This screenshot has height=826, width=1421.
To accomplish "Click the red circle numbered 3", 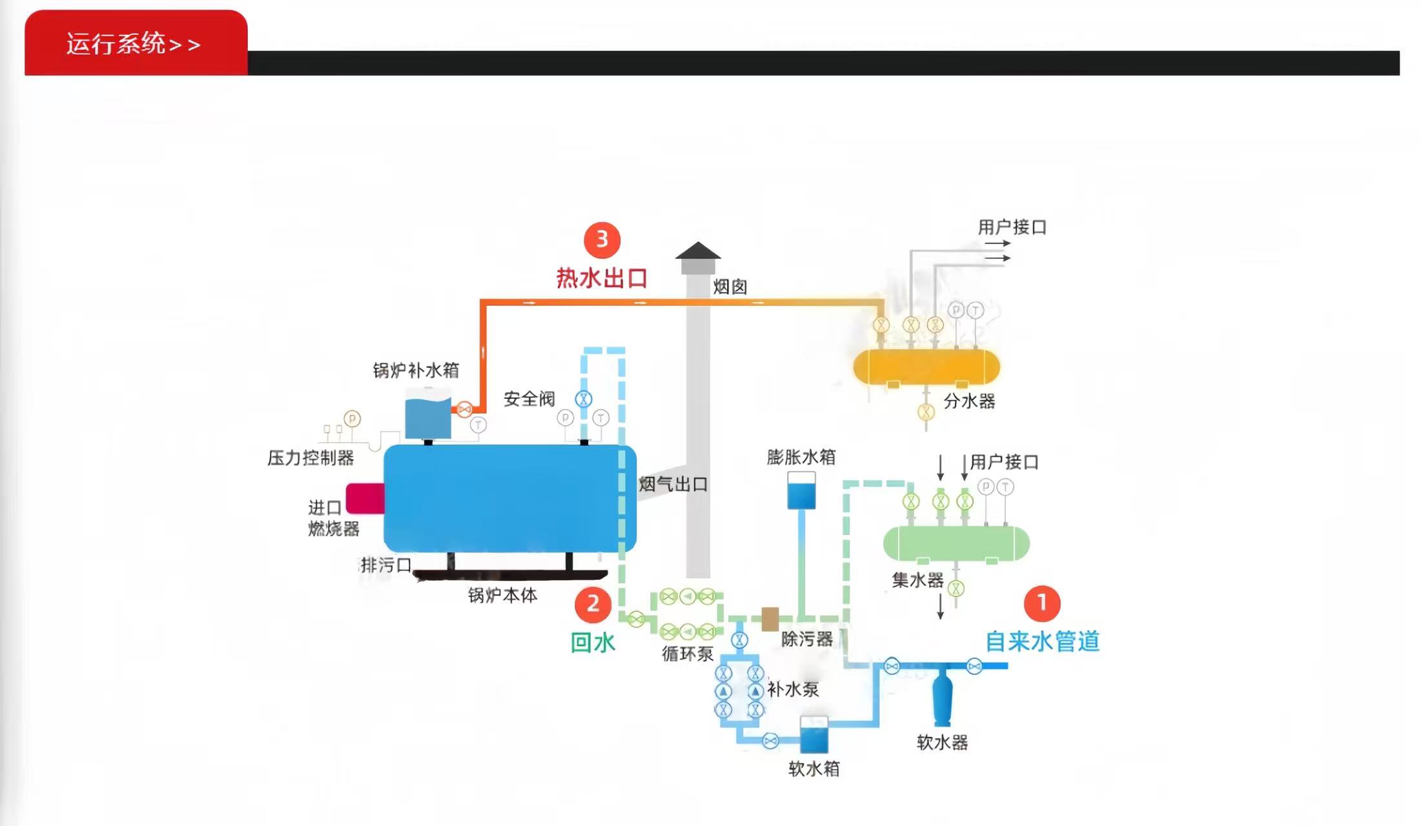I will (602, 239).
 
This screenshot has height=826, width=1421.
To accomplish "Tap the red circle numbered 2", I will (592, 604).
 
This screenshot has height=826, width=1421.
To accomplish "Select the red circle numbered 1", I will (1041, 603).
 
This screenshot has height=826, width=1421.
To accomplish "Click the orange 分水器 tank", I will (926, 367).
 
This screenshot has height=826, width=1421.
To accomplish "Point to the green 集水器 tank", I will (956, 543).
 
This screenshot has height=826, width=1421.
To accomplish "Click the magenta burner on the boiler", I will (365, 498).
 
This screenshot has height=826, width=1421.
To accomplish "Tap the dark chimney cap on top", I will (698, 252).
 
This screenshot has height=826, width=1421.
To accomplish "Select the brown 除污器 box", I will (770, 619).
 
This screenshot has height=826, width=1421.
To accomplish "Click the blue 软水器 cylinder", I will (942, 697).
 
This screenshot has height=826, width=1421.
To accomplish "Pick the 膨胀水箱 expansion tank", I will (801, 490).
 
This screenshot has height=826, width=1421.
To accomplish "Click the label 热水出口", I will (602, 278).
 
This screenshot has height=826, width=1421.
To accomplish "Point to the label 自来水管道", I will (1042, 641).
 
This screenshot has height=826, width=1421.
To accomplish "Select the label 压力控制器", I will (311, 458).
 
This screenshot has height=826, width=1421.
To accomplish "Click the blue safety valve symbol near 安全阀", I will (584, 399).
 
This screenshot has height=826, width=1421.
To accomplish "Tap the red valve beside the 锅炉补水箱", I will (464, 409).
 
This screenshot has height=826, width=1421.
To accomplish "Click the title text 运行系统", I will (116, 44).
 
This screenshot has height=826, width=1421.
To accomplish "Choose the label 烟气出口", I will (673, 484).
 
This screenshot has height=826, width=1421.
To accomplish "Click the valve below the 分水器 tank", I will (926, 411).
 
